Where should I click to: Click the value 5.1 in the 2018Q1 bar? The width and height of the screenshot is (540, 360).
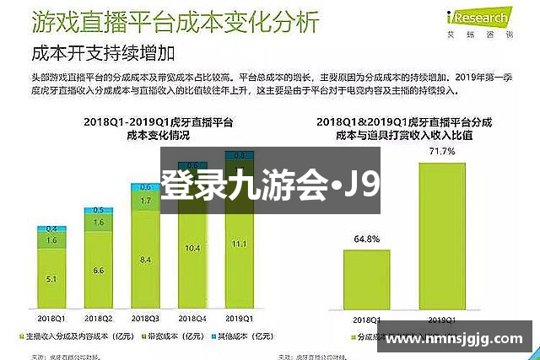pos(52,279)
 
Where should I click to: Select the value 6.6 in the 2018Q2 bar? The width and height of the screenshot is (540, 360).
pos(99,270)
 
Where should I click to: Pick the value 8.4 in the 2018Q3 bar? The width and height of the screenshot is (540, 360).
pos(145,258)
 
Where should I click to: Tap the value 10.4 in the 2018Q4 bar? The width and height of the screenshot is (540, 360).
pos(192,247)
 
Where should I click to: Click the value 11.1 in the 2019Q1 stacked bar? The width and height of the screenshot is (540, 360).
pos(239,243)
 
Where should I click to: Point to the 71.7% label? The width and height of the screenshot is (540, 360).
pos(441,152)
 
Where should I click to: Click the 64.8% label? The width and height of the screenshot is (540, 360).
pos(365,239)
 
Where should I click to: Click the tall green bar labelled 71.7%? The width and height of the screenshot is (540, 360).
pos(441,236)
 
